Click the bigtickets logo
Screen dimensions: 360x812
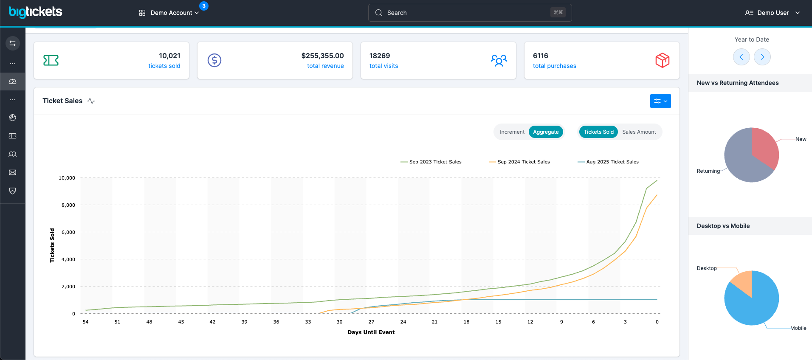[x=36, y=12]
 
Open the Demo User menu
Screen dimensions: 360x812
[x=773, y=13]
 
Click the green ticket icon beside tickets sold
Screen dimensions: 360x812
[x=51, y=60]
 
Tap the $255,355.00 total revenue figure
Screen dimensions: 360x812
[x=322, y=56]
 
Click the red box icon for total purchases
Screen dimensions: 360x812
[x=662, y=60]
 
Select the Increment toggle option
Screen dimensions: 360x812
[x=512, y=132]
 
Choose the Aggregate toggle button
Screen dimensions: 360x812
[x=546, y=132]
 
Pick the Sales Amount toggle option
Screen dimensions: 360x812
[x=639, y=132]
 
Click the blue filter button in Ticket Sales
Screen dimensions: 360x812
[x=660, y=101]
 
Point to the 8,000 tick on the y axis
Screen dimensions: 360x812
[x=68, y=205]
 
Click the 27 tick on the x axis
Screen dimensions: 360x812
[x=371, y=322]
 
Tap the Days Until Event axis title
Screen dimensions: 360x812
[x=371, y=332]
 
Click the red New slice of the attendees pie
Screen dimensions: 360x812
[x=764, y=146]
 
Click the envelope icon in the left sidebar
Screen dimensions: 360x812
[x=13, y=172]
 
